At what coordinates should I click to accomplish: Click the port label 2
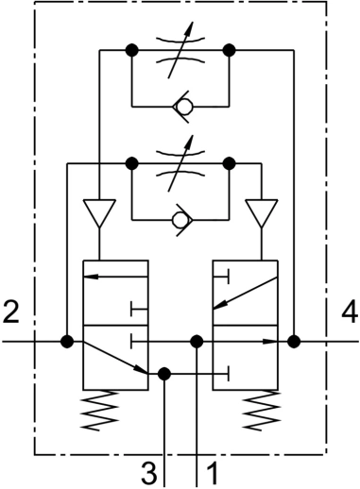[x=11, y=312]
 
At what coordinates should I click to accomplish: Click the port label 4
[x=348, y=312]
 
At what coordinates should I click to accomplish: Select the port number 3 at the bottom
[x=149, y=471]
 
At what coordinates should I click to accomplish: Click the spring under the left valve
[x=114, y=410]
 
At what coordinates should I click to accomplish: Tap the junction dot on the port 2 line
[x=66, y=341]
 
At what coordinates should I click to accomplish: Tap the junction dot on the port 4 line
[x=294, y=341]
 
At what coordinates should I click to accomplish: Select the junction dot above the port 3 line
[x=164, y=374]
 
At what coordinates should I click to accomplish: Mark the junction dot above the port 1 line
[x=196, y=341]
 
